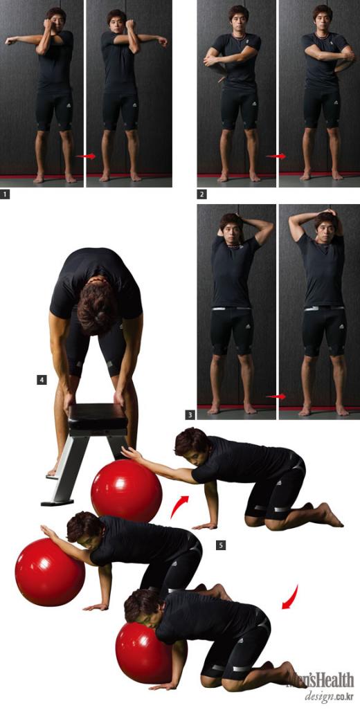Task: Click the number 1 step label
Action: (x=5, y=194)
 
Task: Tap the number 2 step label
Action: (x=201, y=194)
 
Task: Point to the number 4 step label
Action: (x=42, y=380)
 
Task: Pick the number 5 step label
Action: (x=221, y=545)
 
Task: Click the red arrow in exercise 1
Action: (x=86, y=156)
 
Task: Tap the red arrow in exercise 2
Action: (x=276, y=156)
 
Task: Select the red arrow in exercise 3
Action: (x=276, y=397)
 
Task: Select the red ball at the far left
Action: (x=50, y=572)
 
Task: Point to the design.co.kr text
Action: (x=329, y=696)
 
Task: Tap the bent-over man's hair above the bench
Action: (x=98, y=308)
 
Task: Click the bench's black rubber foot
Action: (x=57, y=502)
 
